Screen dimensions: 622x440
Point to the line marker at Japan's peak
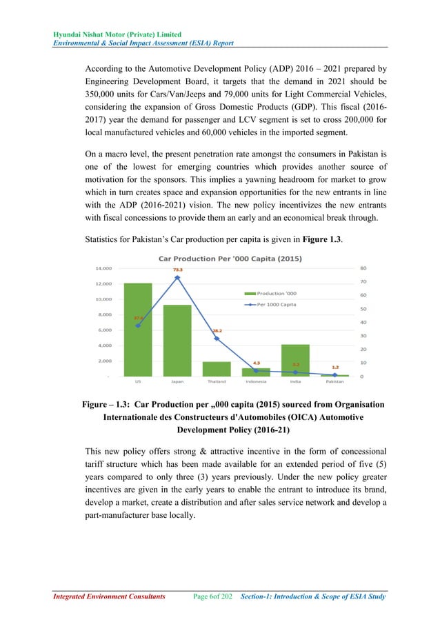point(177,277)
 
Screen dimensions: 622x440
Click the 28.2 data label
point(217,331)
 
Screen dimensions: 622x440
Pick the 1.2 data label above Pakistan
point(334,368)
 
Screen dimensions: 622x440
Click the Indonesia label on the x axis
point(256,381)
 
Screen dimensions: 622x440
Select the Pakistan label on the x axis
point(334,381)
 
